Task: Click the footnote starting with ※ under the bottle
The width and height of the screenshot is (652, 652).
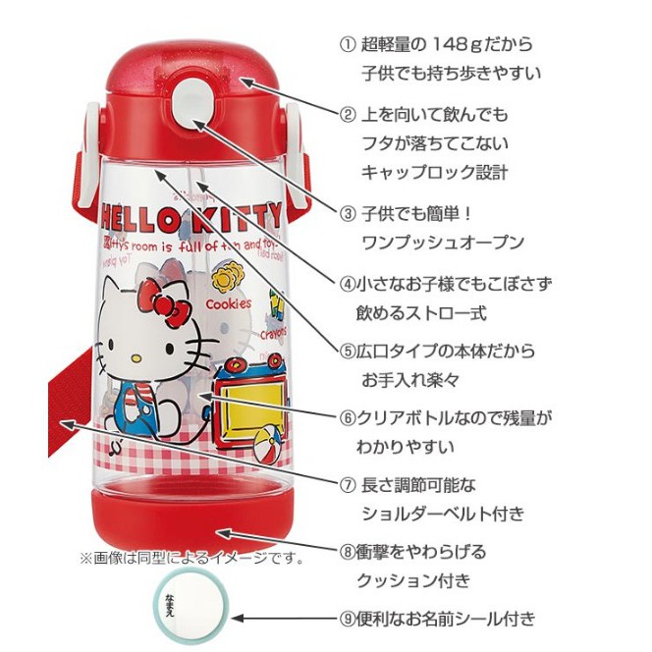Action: tap(191, 559)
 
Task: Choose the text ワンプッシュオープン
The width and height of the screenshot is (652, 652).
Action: tap(441, 243)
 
